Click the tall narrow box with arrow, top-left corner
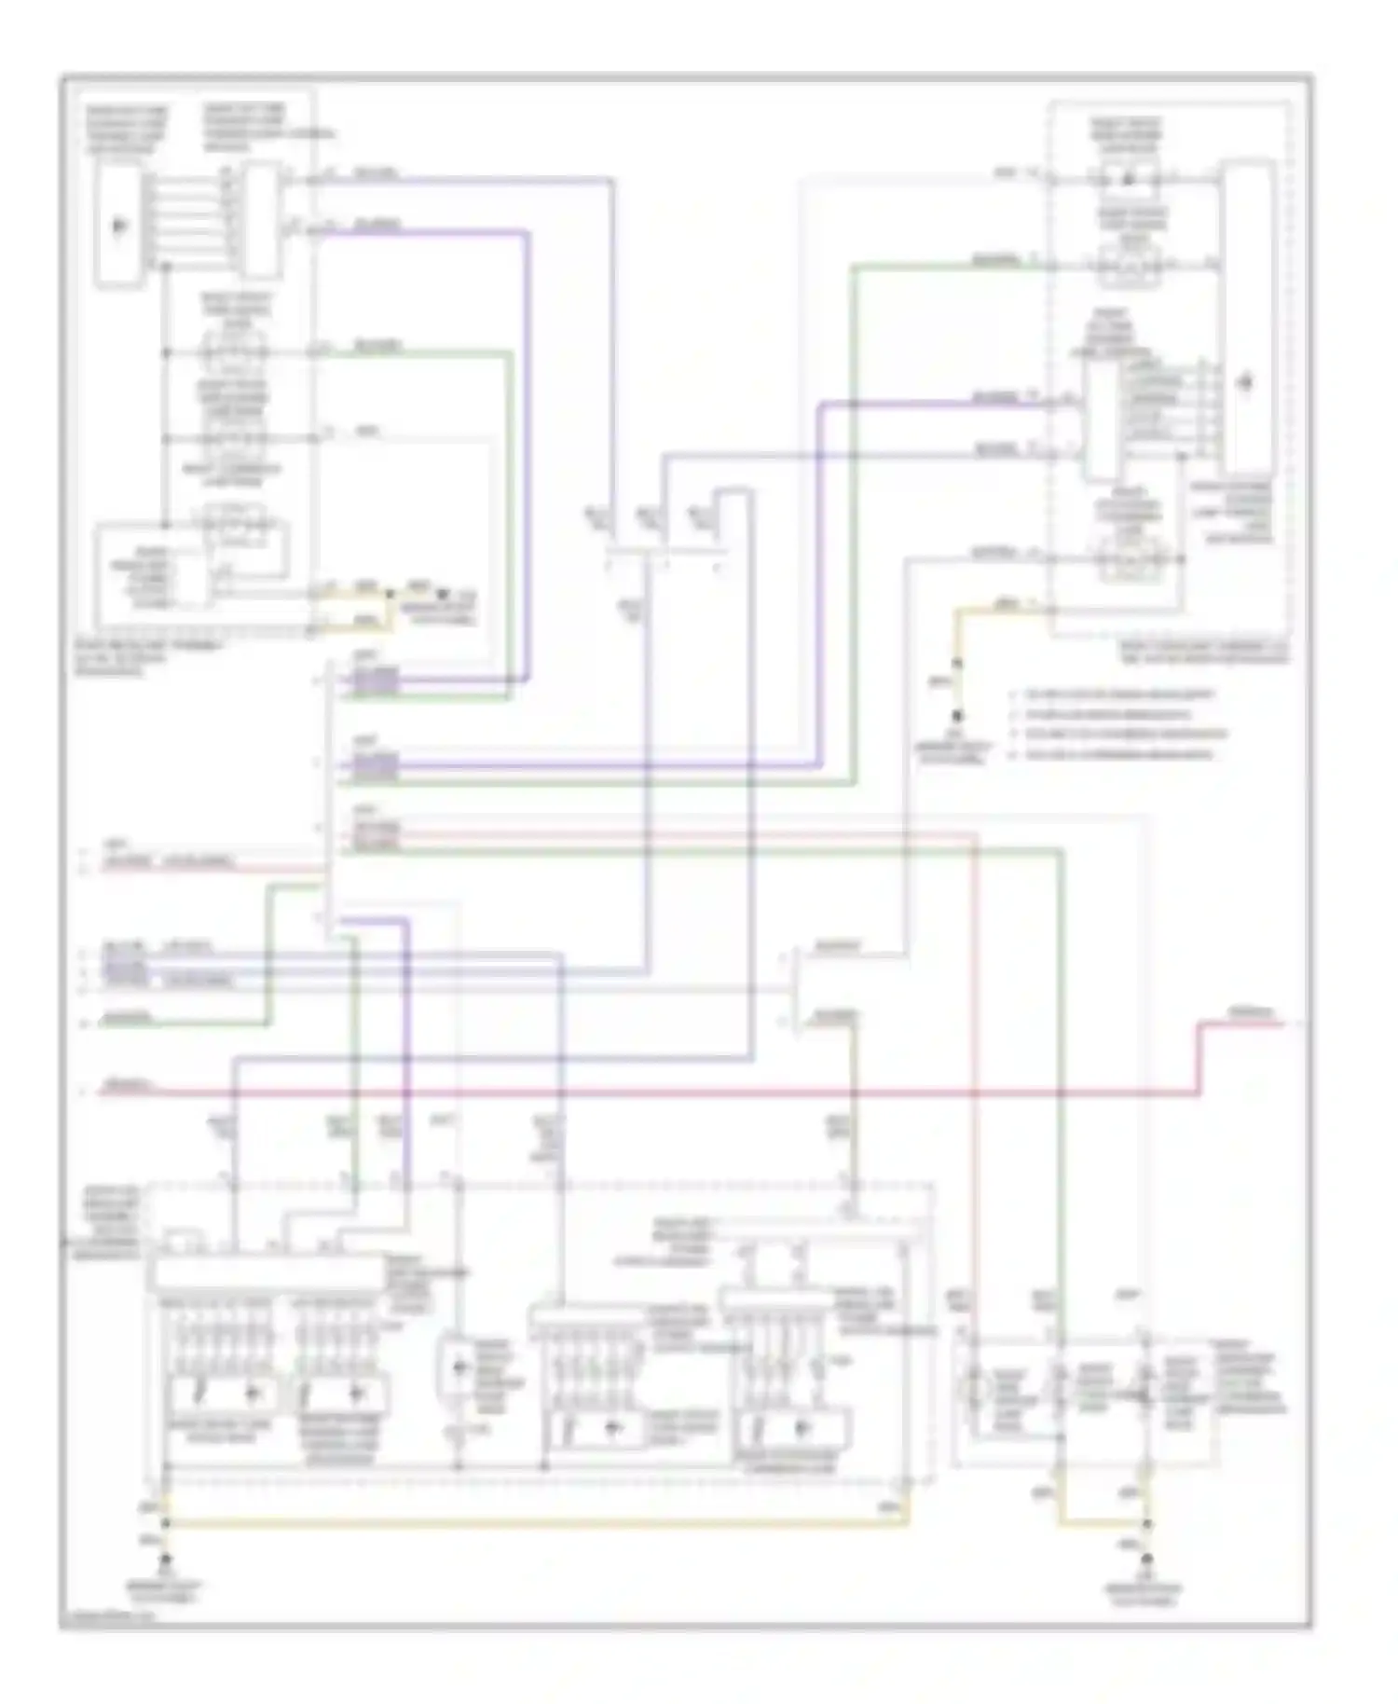pyautogui.click(x=119, y=226)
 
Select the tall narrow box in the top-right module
pyautogui.click(x=1248, y=317)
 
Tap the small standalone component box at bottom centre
pyautogui.click(x=458, y=1367)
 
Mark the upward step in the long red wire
pyautogui.click(x=1199, y=1058)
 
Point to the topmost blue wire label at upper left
pyautogui.click(x=376, y=174)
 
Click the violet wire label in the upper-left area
pyautogui.click(x=376, y=226)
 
